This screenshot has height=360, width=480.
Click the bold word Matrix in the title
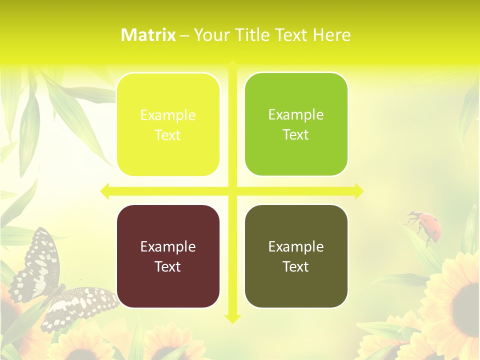148,35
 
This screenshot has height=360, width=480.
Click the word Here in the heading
332,35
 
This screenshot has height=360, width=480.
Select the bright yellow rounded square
168,124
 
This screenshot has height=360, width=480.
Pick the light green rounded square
296,124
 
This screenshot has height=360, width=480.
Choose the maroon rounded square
168,256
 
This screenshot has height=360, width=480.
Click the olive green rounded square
296,256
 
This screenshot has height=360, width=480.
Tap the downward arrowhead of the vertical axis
232,318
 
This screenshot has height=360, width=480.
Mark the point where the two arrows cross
232,191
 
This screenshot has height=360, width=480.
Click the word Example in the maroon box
168,246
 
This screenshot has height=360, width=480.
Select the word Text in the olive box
296,266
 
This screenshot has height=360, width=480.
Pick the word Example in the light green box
296,114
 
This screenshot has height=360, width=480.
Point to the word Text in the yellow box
168,135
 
